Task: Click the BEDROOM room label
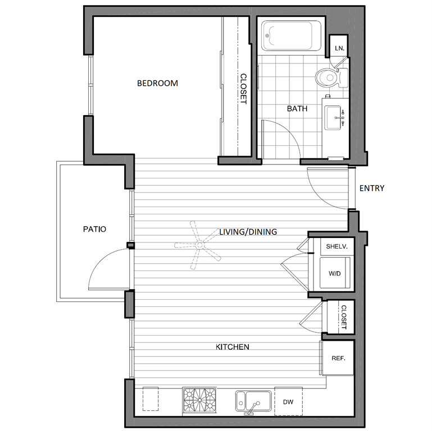coord(157,84)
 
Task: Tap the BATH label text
coord(297,109)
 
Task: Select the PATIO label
coord(94,229)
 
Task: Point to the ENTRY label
coord(372,188)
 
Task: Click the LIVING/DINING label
coord(248,231)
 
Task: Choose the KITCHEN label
coord(233,347)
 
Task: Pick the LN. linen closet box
coord(339,48)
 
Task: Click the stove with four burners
coord(199,401)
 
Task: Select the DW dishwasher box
coord(288,402)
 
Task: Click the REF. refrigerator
coord(338,358)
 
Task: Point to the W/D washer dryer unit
coord(334,274)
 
